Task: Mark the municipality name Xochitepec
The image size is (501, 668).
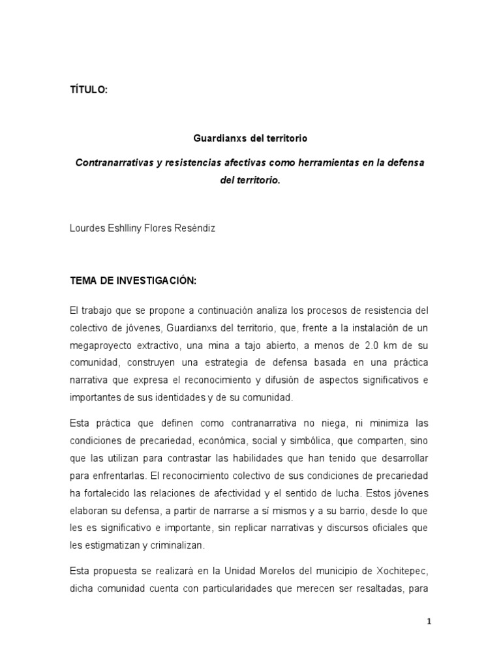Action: pyautogui.click(x=395, y=571)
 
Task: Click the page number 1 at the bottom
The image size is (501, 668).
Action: pyautogui.click(x=429, y=622)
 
